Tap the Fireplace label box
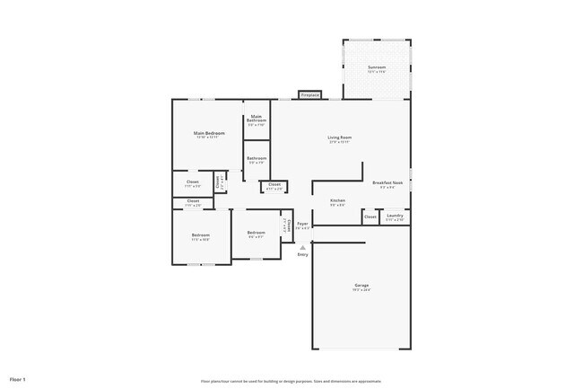310,94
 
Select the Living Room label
339,138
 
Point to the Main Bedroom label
209,134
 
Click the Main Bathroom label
257,119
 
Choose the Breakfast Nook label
387,183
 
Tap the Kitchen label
337,201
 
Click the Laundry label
395,216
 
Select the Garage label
361,287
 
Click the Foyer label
303,225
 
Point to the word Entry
303,255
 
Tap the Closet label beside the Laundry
370,217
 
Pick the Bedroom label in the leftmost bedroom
200,237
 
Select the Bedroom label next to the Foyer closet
256,234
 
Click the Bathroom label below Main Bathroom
257,160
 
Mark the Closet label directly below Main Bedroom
193,183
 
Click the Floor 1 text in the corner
18,380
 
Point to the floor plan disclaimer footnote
291,381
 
